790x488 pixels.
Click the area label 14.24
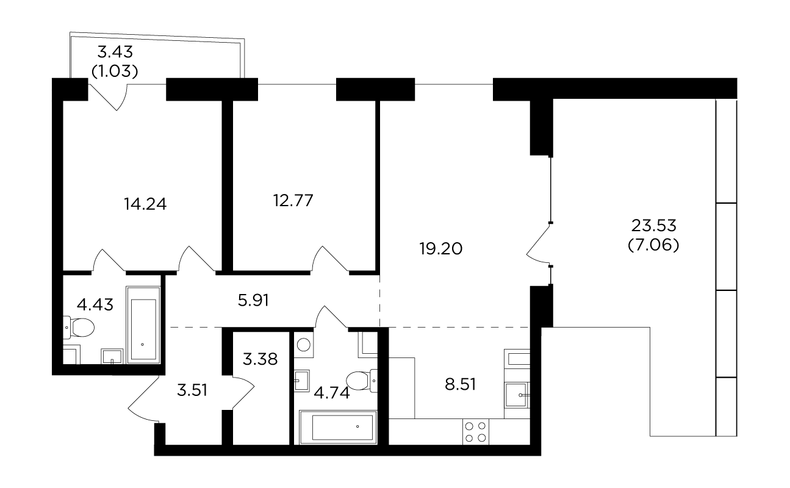145,204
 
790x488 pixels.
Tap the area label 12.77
293,200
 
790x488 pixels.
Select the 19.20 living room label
441,249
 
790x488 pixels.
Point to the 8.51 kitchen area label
460,384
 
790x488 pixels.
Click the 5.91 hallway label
253,300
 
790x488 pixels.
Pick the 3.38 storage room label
260,359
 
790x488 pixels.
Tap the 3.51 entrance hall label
192,390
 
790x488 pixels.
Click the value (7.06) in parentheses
653,245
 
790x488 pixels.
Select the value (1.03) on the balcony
115,71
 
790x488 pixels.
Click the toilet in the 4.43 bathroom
79,328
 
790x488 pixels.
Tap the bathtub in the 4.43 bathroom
143,325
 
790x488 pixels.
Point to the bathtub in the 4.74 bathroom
338,427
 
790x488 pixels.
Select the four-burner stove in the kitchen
475,432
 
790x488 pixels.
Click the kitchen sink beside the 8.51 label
517,395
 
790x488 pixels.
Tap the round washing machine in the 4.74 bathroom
304,345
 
